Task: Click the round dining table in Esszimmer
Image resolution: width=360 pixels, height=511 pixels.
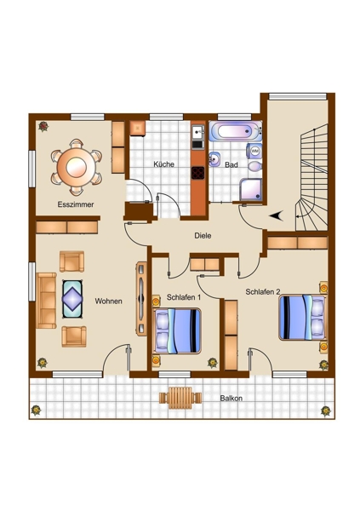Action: (77, 168)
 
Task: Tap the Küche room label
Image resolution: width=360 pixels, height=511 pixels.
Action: (164, 164)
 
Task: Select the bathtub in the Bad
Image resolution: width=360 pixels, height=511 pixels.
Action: (235, 131)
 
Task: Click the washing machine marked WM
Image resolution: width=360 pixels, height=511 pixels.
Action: (254, 151)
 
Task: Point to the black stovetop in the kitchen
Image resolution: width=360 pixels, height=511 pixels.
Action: (197, 173)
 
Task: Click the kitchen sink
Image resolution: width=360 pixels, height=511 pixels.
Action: (197, 132)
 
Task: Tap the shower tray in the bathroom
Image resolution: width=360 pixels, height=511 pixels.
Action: (251, 189)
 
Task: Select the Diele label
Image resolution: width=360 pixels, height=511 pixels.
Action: (203, 235)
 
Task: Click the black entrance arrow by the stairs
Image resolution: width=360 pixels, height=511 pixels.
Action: (276, 215)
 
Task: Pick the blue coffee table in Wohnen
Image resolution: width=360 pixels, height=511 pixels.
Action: (72, 299)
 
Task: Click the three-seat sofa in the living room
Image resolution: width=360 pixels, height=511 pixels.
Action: (46, 301)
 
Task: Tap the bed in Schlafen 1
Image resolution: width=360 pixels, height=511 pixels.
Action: (178, 330)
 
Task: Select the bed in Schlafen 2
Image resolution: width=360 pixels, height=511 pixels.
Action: (302, 318)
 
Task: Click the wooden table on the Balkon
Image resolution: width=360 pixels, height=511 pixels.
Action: (180, 398)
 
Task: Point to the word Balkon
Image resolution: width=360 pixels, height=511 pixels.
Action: (231, 399)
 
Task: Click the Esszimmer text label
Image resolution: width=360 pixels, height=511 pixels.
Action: (76, 204)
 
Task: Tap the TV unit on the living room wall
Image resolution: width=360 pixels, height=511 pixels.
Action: (140, 299)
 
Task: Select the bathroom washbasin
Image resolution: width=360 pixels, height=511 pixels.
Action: (214, 159)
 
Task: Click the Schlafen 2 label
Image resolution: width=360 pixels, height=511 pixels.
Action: (263, 291)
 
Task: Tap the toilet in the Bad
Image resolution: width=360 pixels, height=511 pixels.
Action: (255, 167)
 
